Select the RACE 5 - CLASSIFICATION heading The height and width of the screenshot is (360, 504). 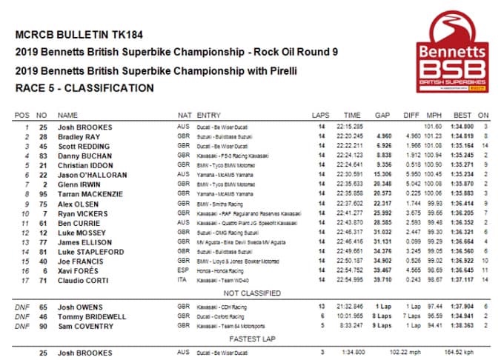pyautogui.click(x=84, y=87)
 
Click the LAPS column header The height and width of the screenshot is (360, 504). pyautogui.click(x=321, y=116)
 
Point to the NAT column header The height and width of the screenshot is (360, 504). pyautogui.click(x=185, y=116)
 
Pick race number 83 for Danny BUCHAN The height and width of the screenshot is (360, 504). pyautogui.click(x=43, y=156)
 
